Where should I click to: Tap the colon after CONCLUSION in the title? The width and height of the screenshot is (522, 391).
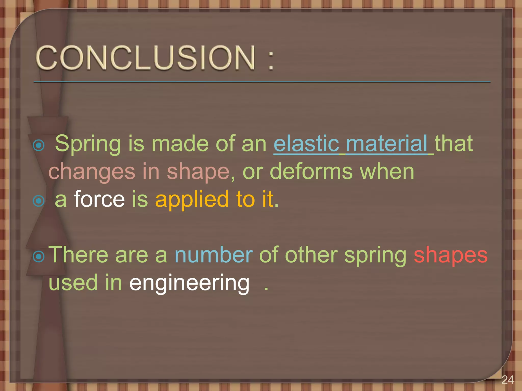271,60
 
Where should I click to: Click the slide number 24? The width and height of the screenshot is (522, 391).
507,380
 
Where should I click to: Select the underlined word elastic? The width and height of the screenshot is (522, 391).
306,144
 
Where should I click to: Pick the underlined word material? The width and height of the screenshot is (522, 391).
387,144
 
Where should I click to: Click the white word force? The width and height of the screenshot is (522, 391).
99,199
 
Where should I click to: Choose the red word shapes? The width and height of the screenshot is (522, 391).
450,255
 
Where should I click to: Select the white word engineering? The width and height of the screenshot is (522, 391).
189,283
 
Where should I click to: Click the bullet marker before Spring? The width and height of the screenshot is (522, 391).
39,146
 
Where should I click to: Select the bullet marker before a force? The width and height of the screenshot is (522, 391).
39,201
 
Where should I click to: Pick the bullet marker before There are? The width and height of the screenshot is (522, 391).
39,257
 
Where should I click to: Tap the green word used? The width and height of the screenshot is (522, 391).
73,283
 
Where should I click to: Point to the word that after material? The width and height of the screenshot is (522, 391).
453,144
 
